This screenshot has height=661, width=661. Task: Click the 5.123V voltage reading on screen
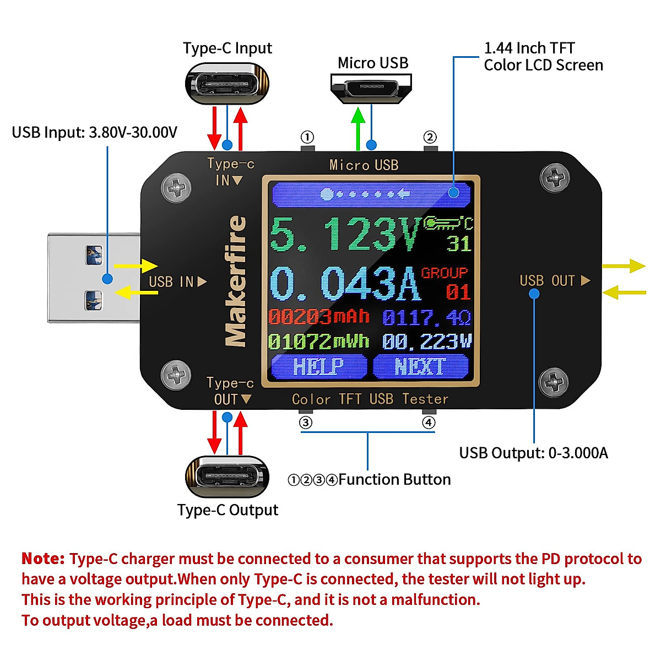344,234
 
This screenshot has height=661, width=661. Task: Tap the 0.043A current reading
344,284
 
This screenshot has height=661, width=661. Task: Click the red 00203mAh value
318,317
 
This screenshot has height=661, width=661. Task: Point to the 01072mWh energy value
318,342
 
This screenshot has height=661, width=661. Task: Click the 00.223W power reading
427,342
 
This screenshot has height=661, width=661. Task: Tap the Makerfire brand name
236,281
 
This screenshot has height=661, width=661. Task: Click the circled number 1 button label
307,137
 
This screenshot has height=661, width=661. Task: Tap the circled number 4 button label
429,422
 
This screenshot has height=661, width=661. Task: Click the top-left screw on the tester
176,187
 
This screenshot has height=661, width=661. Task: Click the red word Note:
43,559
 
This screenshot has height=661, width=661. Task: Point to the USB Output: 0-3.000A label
533,453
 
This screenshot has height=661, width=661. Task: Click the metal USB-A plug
94,278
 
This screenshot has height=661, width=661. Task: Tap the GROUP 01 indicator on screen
446,283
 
